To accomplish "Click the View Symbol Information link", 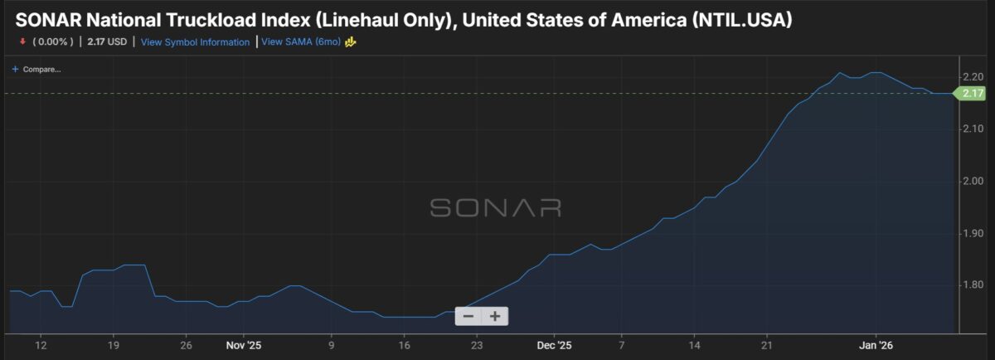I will [195, 41].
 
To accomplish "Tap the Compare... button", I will [37, 69].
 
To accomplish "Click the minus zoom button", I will [468, 316].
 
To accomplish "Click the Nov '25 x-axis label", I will [243, 344].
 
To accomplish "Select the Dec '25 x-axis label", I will [554, 344].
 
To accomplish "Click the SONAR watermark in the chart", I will [496, 207].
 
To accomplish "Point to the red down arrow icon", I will [22, 41].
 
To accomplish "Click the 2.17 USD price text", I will [107, 41].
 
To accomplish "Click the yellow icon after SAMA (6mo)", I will [351, 41].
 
